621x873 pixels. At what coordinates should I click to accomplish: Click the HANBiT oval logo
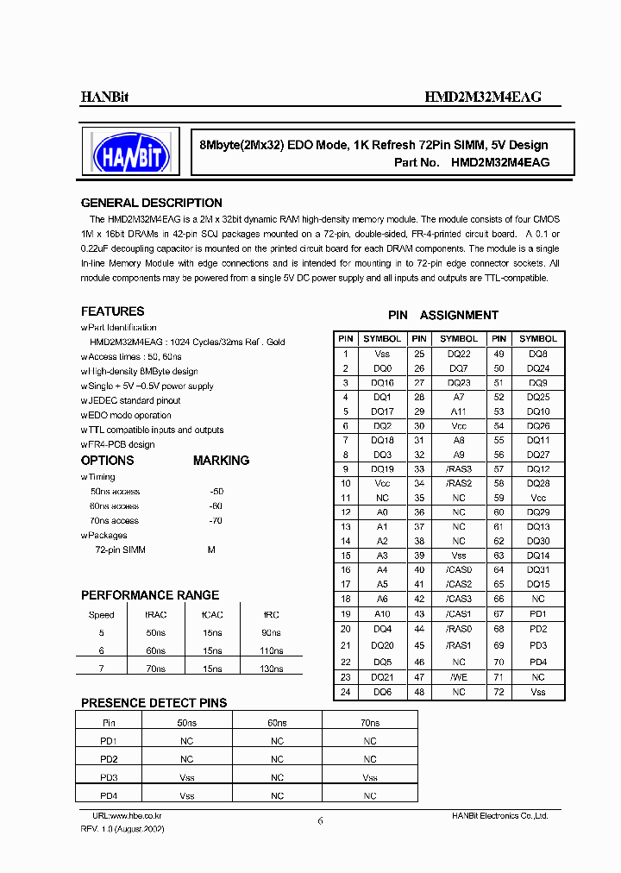pyautogui.click(x=130, y=152)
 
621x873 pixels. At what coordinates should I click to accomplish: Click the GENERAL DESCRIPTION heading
pyautogui.click(x=151, y=203)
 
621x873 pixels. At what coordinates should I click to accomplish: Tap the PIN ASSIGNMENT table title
pyautogui.click(x=442, y=315)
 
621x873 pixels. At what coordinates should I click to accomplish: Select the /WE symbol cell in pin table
pyautogui.click(x=459, y=677)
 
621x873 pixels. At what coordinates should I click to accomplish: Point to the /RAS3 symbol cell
pyautogui.click(x=459, y=468)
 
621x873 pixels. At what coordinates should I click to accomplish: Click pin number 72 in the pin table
pyautogui.click(x=499, y=692)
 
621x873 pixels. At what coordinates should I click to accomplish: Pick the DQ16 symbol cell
pyautogui.click(x=382, y=382)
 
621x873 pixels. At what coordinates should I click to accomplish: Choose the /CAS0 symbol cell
pyautogui.click(x=459, y=569)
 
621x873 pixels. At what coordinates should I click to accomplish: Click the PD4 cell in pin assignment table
pyautogui.click(x=538, y=663)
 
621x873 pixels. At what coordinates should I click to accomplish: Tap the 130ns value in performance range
pyautogui.click(x=271, y=669)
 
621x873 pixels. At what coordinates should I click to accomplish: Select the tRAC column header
pyautogui.click(x=156, y=615)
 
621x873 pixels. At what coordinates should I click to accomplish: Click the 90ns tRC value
pyautogui.click(x=271, y=633)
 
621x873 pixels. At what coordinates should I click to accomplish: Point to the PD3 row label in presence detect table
pyautogui.click(x=109, y=777)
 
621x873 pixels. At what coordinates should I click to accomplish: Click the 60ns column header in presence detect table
pyautogui.click(x=277, y=723)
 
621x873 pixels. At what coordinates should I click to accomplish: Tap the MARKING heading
pyautogui.click(x=221, y=461)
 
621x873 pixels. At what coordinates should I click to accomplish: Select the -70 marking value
pyautogui.click(x=216, y=521)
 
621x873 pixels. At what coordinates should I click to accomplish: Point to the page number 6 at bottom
pyautogui.click(x=320, y=821)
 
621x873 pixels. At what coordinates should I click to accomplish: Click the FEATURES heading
pyautogui.click(x=112, y=311)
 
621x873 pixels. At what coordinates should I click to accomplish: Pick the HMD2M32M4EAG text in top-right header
pyautogui.click(x=482, y=97)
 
